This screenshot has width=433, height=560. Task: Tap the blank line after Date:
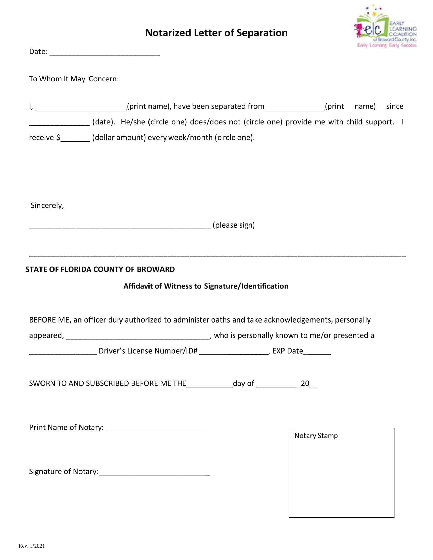(105, 53)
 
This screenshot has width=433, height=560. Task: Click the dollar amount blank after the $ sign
(75, 138)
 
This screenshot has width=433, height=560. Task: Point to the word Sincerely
(47, 205)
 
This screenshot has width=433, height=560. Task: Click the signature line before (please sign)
(120, 226)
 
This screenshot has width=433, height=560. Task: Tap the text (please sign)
(234, 225)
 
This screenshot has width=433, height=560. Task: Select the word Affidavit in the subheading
(138, 286)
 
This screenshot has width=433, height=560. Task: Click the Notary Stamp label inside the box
(316, 436)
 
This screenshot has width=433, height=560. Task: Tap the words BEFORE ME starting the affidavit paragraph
(49, 320)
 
